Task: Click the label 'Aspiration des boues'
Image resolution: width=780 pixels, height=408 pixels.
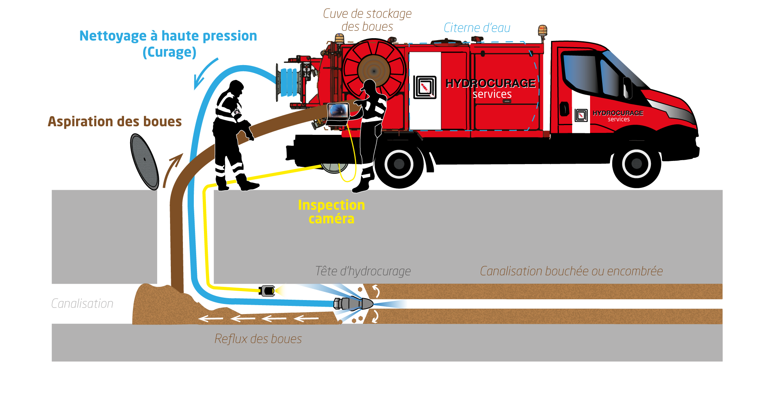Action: pyautogui.click(x=115, y=122)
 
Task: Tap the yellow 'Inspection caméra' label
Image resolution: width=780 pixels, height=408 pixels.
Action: pyautogui.click(x=331, y=212)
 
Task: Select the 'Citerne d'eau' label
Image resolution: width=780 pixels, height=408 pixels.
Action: pyautogui.click(x=477, y=28)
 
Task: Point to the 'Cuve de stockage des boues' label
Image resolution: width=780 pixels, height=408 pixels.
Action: pyautogui.click(x=367, y=20)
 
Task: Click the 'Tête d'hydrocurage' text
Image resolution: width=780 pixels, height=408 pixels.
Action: pyautogui.click(x=363, y=271)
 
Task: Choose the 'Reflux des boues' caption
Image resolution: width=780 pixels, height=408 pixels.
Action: pyautogui.click(x=258, y=339)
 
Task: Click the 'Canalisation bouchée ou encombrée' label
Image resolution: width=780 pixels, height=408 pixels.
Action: pyautogui.click(x=571, y=271)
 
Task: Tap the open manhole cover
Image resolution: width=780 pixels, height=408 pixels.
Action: pyautogui.click(x=144, y=161)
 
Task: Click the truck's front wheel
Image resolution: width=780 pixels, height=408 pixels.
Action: pyautogui.click(x=636, y=164)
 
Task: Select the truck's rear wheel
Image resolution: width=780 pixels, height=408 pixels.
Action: pyautogui.click(x=399, y=164)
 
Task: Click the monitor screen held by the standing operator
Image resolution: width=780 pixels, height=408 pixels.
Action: pyautogui.click(x=338, y=111)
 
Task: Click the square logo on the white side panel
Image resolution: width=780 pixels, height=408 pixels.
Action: pyautogui.click(x=424, y=87)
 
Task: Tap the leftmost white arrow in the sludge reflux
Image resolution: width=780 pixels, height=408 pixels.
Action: pyautogui.click(x=211, y=319)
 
